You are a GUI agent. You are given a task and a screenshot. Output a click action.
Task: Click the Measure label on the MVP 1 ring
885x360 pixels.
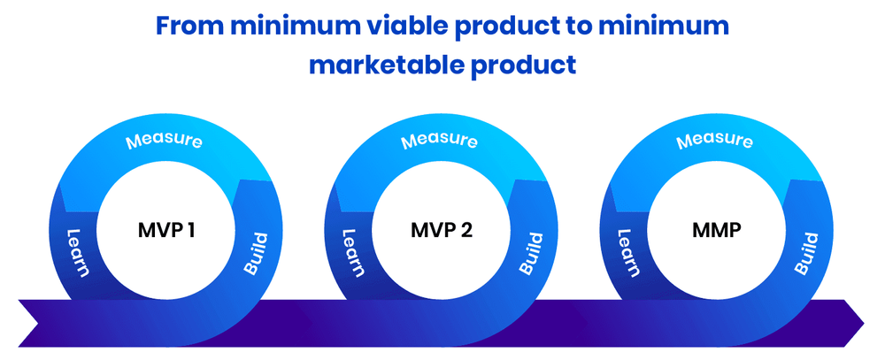[x=165, y=141]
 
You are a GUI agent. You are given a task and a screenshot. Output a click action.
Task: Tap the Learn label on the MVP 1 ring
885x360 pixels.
[x=77, y=252]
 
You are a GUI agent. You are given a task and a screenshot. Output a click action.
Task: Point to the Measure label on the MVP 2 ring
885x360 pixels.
[x=440, y=141]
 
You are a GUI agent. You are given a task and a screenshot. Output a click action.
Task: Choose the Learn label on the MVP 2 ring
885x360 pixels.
[x=351, y=252]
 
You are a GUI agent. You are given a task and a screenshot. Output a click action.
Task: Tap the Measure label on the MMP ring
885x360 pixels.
[x=715, y=141]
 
